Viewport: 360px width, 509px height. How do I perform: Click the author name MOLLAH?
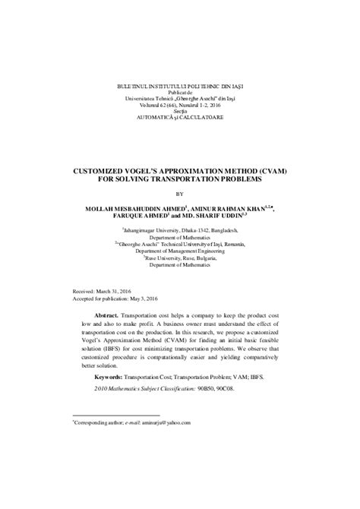[99, 208]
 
